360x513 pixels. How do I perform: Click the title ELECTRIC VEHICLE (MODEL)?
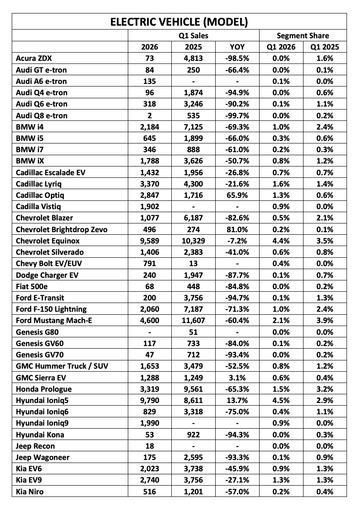pos(179,22)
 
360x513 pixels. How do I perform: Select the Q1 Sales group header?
pos(193,36)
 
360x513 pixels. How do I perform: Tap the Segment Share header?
pos(303,36)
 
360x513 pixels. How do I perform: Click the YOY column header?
pos(237,47)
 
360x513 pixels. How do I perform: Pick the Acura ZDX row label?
pos(34,58)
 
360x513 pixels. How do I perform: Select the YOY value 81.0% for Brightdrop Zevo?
pos(237,229)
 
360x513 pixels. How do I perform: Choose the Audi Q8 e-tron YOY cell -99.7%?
pos(237,115)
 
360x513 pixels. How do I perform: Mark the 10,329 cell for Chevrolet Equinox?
pos(193,240)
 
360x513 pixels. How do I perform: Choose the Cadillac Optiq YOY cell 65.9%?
pos(237,195)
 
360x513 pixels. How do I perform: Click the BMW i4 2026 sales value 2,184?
pos(150,127)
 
